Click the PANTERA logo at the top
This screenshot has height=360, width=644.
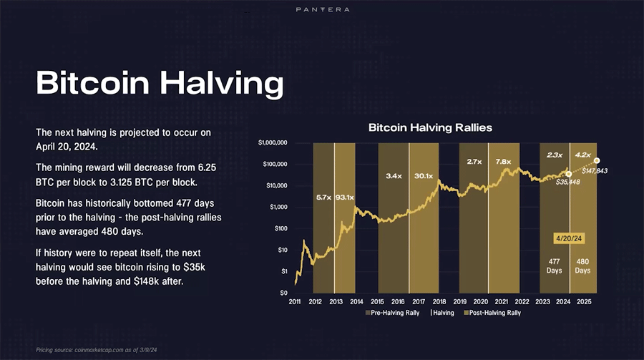(322, 9)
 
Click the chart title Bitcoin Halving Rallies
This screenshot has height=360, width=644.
(430, 127)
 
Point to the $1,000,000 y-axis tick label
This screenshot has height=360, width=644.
(273, 143)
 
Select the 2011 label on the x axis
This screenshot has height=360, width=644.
(295, 302)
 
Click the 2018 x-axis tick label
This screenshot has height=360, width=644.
(440, 302)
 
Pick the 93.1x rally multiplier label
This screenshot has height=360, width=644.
(344, 196)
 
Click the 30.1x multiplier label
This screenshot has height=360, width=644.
(424, 175)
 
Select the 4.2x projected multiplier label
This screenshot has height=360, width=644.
(582, 155)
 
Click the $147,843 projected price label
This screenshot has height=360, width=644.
(594, 171)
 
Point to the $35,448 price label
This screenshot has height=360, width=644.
(568, 182)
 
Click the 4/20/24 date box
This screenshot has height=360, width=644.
(569, 238)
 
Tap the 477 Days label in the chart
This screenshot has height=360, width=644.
(554, 266)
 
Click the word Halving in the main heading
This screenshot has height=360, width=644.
(222, 83)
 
